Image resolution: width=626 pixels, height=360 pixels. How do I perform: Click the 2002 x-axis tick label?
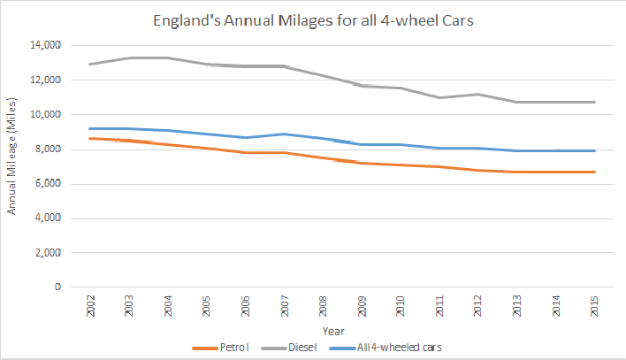(90, 307)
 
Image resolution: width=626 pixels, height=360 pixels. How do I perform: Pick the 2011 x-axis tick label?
(439, 307)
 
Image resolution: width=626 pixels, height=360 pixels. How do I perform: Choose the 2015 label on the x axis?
(594, 307)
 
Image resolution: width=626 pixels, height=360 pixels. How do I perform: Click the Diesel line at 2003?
(129, 58)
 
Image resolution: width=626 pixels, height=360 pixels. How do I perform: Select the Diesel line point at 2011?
(439, 97)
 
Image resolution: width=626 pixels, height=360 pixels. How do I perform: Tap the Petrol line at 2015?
(594, 172)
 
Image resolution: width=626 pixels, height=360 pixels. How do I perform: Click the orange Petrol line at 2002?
(90, 138)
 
